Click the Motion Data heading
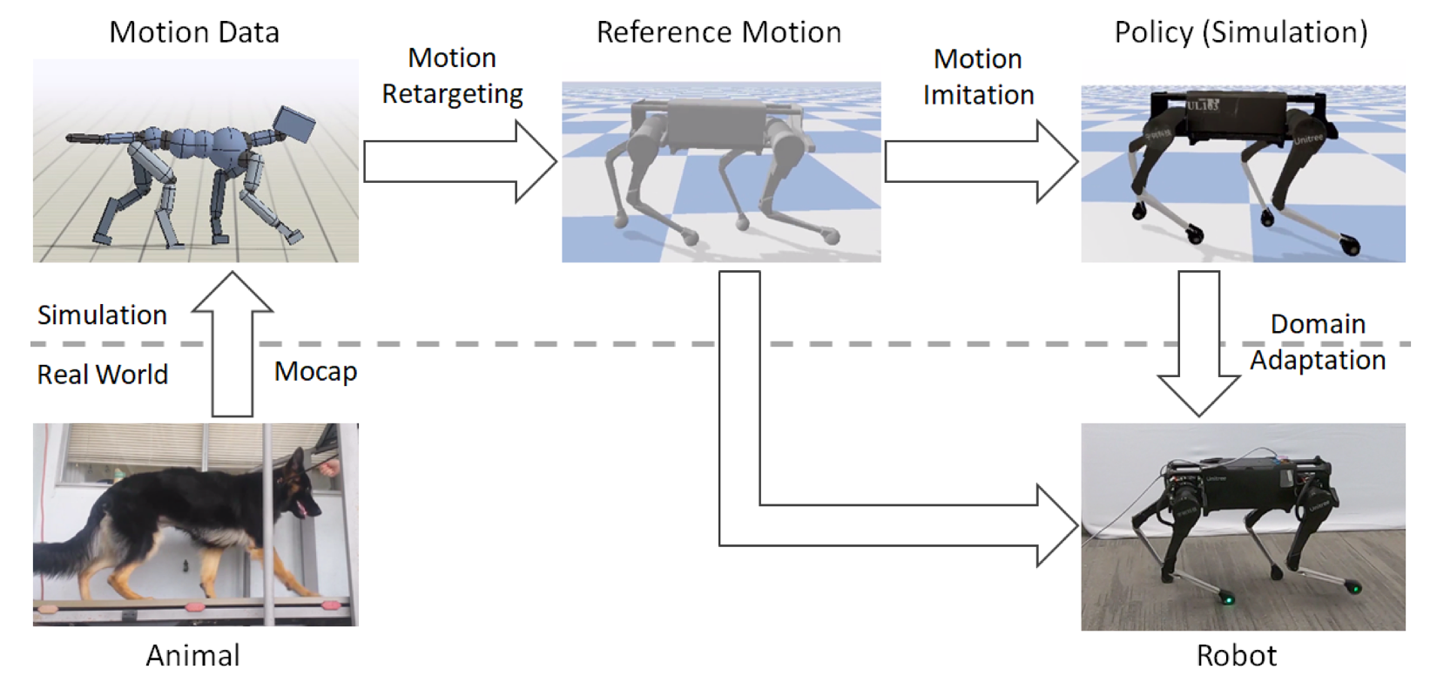[194, 32]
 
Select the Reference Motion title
[718, 32]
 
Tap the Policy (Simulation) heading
[1241, 32]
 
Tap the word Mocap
[315, 372]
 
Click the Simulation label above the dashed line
[102, 314]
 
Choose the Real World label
[102, 375]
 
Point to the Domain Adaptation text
[1318, 341]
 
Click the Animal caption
[192, 655]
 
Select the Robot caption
[1236, 655]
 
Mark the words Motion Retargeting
[452, 76]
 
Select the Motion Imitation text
[978, 77]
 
